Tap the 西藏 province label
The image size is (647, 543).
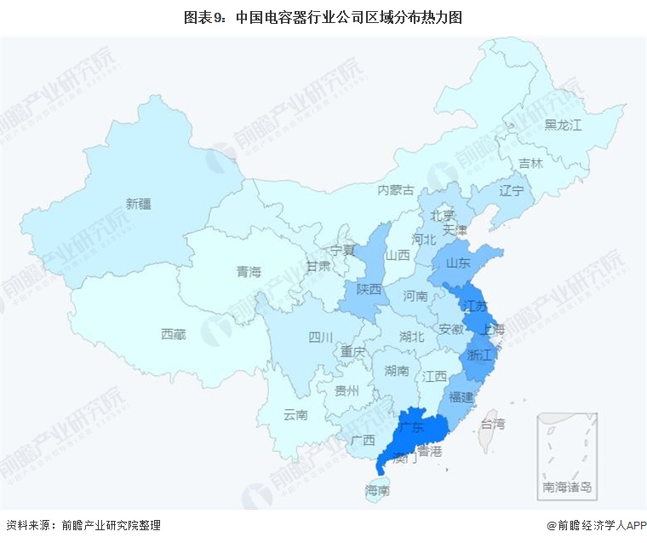(173, 334)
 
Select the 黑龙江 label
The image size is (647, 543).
(563, 125)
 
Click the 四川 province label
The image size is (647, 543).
(321, 337)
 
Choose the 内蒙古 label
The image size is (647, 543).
(396, 189)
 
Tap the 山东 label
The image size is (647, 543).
(458, 263)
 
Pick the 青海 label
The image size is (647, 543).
(249, 272)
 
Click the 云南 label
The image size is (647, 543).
(295, 414)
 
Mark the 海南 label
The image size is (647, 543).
(377, 490)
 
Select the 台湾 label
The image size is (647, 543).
(493, 423)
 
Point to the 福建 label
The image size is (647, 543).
(462, 397)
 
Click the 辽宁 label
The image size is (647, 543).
(512, 190)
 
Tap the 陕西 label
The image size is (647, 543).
(369, 290)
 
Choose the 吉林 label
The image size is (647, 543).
(530, 163)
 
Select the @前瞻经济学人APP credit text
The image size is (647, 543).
(589, 526)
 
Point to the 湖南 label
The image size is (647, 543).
(397, 371)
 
